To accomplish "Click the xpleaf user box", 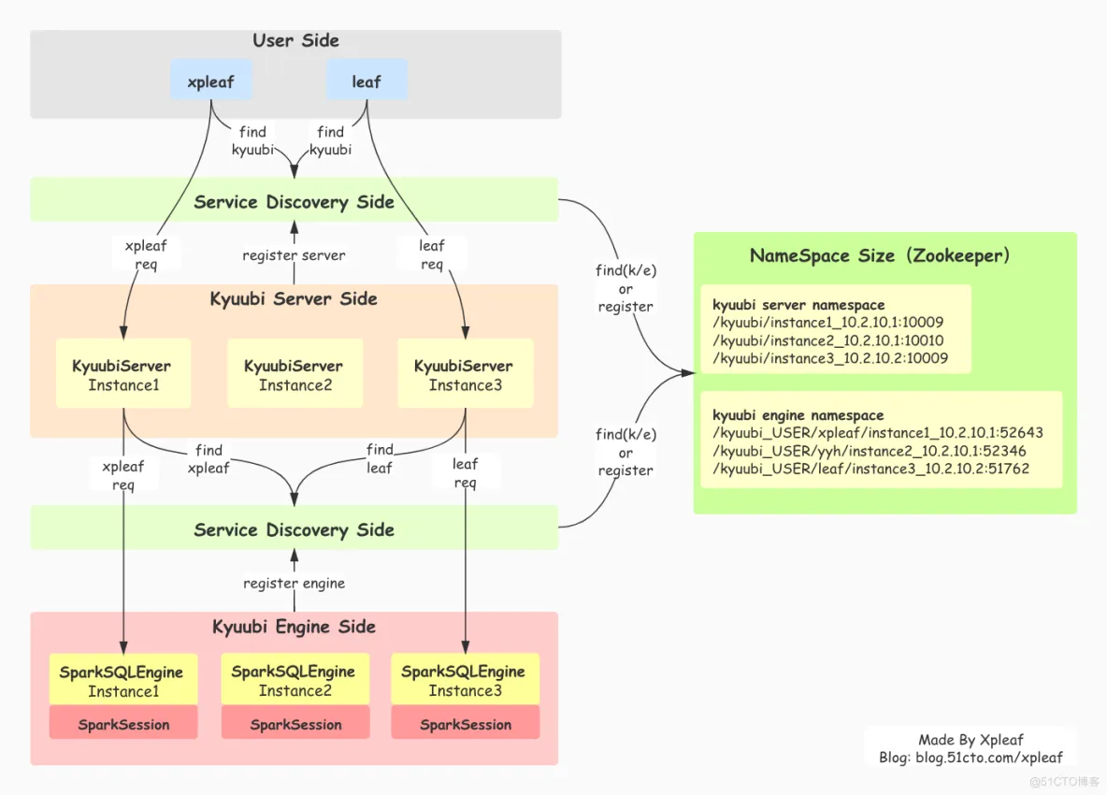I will click(210, 81).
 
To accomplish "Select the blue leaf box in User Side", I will click(367, 81).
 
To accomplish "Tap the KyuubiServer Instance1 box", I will click(122, 374).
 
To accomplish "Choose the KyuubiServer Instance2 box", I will click(295, 374).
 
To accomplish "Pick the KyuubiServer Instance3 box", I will click(465, 374).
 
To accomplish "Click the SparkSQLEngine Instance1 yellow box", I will click(123, 681).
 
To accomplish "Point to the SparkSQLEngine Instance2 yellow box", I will click(295, 681).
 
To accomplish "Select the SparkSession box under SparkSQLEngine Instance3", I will click(465, 725).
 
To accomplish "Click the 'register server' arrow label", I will click(294, 255).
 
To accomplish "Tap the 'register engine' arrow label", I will click(294, 584).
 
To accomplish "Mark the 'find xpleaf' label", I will click(208, 459).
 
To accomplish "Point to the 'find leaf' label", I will click(380, 459).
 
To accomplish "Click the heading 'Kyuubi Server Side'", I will click(294, 299).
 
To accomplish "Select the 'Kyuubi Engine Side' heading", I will click(294, 627).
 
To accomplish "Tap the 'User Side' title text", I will click(295, 40).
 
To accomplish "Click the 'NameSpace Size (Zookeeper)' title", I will click(880, 255).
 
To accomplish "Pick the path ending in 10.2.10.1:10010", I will click(828, 340).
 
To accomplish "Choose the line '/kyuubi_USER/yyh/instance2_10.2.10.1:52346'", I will click(870, 451).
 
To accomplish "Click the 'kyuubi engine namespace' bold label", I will click(798, 415).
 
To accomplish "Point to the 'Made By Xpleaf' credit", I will click(970, 740).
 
